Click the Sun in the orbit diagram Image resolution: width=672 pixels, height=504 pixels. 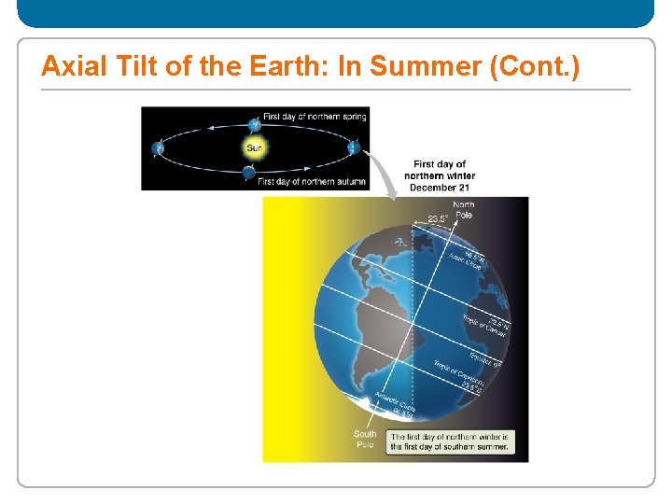click(x=254, y=147)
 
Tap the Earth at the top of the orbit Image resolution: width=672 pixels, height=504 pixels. click(x=254, y=124)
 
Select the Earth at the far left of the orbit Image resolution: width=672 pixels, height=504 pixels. click(x=159, y=147)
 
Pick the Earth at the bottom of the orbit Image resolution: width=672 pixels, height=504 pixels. click(x=248, y=172)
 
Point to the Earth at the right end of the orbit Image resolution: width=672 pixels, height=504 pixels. click(x=353, y=147)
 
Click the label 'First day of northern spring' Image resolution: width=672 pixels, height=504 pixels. click(x=315, y=117)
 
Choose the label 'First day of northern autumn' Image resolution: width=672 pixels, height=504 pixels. click(x=311, y=181)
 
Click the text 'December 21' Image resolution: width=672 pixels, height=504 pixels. click(x=439, y=187)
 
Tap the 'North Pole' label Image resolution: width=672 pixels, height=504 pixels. click(x=464, y=209)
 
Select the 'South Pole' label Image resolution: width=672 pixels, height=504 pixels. click(x=365, y=439)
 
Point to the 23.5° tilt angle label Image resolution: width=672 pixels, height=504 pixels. click(x=438, y=218)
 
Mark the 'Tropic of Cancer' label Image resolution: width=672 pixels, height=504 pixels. click(x=483, y=327)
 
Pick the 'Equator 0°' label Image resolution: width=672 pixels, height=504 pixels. click(x=483, y=358)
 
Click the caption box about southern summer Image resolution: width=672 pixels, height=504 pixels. click(x=450, y=441)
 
